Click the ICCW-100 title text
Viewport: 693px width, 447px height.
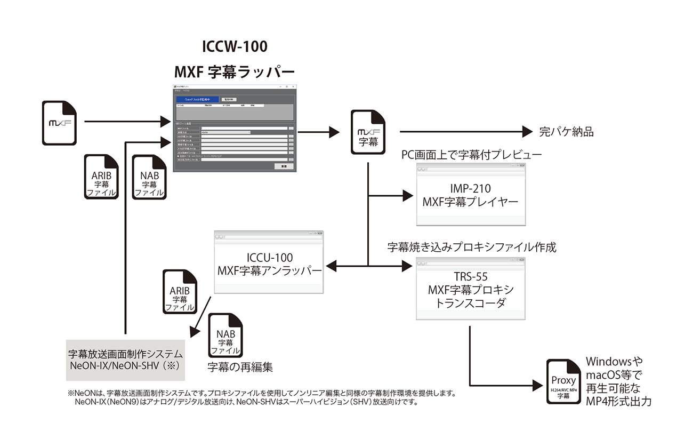(235, 46)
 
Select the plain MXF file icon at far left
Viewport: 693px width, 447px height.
(60, 123)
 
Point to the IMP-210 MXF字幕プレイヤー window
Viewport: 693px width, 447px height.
(470, 195)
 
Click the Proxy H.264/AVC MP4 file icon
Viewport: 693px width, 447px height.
(563, 383)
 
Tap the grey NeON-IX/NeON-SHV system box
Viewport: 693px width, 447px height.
(126, 360)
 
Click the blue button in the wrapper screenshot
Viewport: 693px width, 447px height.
(197, 99)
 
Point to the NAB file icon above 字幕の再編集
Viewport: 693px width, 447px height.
(225, 337)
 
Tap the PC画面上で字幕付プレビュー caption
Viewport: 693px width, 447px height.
(471, 155)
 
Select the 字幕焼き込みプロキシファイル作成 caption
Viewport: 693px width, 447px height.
(471, 248)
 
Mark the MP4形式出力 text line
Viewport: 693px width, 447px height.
(618, 402)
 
